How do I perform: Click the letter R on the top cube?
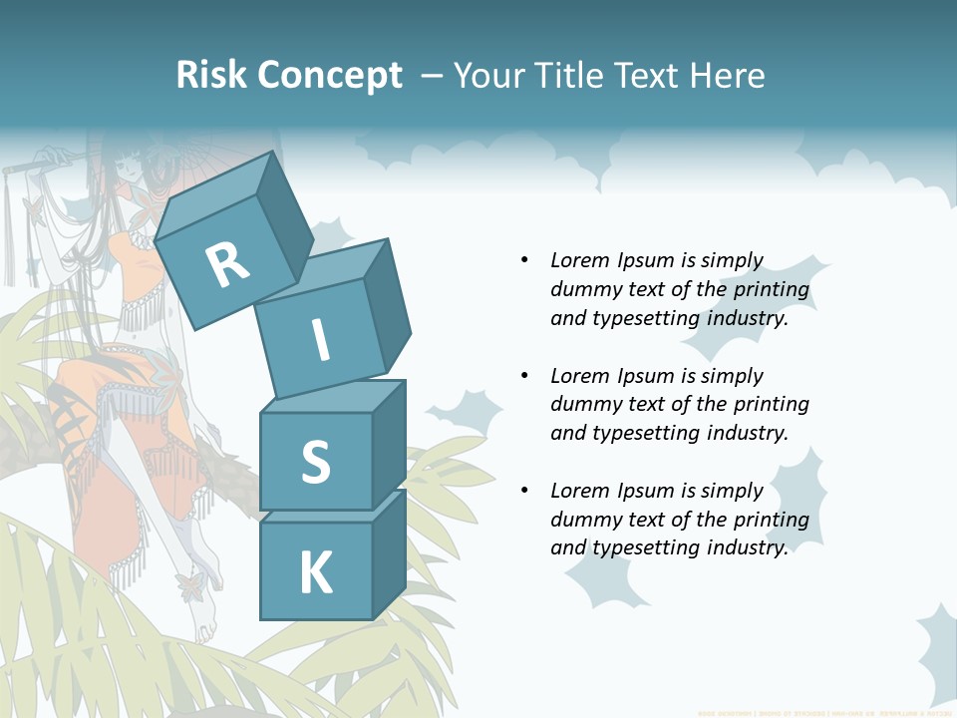tap(227, 264)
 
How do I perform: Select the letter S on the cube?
tap(315, 462)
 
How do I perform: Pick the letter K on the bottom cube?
tap(315, 572)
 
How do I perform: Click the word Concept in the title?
tap(329, 76)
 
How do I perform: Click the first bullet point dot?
tap(524, 260)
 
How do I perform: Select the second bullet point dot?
tap(524, 376)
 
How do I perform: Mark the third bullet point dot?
tap(524, 491)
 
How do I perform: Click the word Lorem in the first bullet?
tap(579, 260)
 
